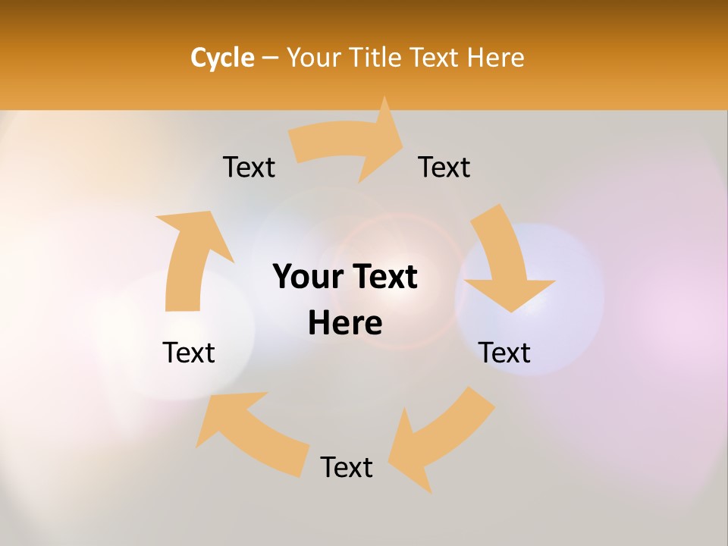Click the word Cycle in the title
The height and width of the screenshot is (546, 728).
coord(222,58)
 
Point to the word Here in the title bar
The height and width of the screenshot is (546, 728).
coord(496,58)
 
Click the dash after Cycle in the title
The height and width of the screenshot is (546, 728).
coord(271,58)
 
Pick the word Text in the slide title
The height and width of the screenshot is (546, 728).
coord(436,58)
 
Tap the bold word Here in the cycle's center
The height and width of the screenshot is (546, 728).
coord(345,324)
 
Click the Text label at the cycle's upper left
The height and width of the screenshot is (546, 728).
coord(249,167)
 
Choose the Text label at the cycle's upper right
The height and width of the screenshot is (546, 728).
coord(444,167)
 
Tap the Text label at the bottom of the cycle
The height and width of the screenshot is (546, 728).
coord(347,467)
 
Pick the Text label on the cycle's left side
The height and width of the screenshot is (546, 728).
coord(190,353)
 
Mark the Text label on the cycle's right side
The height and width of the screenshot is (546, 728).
coord(504,353)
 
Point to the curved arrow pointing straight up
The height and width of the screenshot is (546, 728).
coord(190,258)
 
